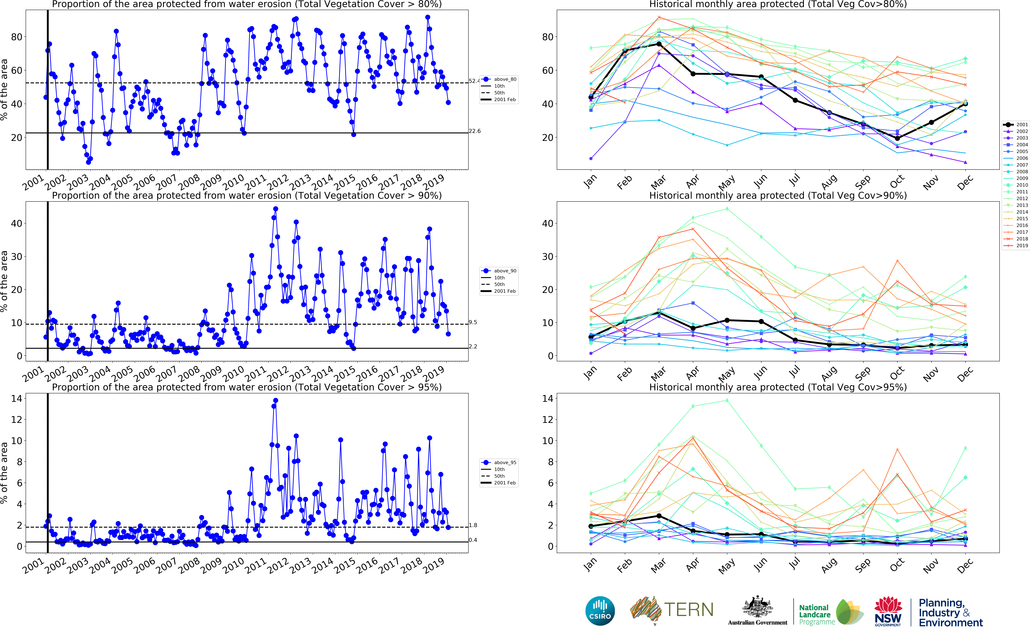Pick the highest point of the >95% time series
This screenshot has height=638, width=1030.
coord(276,400)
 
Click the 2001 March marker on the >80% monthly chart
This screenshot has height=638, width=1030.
coord(659,44)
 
